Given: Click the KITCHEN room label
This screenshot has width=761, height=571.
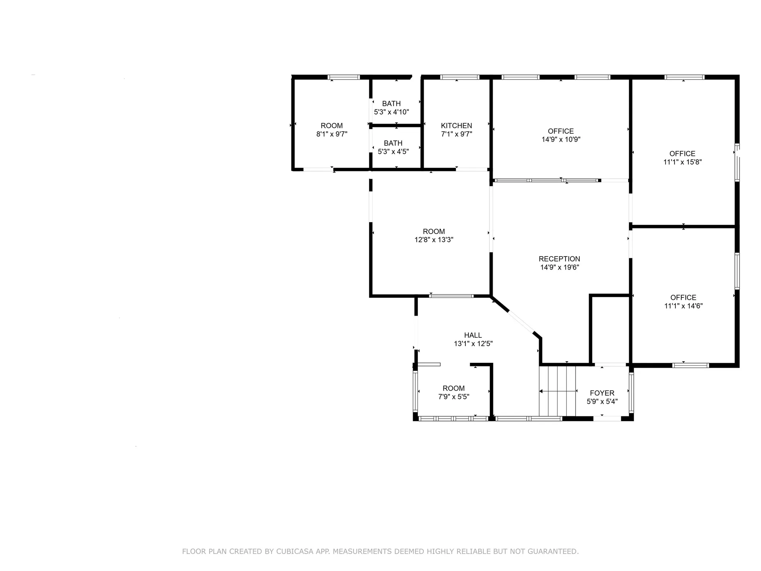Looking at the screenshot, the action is coord(457,126).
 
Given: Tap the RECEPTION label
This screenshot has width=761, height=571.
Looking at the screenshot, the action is coord(559,259).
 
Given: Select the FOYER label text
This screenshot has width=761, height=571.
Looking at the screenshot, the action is coord(602,393).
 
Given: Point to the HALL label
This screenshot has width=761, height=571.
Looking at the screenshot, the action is coord(473,335).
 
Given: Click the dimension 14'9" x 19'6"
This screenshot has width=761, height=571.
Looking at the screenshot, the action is coord(560,267).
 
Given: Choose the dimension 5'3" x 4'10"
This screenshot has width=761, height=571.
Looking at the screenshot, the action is coord(392,112).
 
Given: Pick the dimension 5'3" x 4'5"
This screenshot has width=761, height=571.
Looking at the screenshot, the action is coord(393,151).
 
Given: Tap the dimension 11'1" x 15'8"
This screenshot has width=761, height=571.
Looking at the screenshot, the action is coord(683,162).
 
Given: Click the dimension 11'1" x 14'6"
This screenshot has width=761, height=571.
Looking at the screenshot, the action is coord(683,306).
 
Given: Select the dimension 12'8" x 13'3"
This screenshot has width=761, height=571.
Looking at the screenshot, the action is coord(434,240).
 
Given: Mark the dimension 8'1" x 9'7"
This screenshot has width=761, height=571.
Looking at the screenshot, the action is coord(332,134).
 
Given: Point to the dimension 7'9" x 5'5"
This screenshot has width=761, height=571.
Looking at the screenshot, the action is coord(454,397).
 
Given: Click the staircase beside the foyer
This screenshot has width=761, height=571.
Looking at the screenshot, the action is coord(557,391).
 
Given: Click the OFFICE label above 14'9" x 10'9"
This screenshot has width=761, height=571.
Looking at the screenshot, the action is coord(561,131).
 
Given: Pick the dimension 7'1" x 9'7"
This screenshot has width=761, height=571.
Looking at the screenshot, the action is coord(457,134).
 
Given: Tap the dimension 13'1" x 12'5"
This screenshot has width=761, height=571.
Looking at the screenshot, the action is coord(473,344).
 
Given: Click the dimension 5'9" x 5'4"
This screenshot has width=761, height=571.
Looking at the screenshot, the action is coord(602,402).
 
